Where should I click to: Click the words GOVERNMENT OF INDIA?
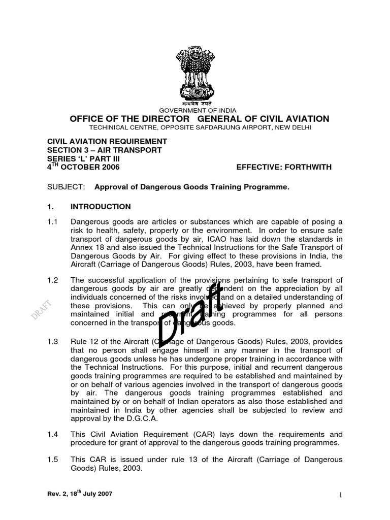click(x=198, y=110)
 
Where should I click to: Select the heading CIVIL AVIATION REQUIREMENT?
click(x=107, y=141)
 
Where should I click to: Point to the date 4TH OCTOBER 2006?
click(x=84, y=167)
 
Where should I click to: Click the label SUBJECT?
click(x=66, y=187)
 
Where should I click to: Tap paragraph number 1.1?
click(x=53, y=222)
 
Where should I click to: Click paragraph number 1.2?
click(x=53, y=280)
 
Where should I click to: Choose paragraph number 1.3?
click(x=53, y=341)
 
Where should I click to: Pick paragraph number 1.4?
click(x=53, y=434)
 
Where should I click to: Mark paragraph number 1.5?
click(x=53, y=460)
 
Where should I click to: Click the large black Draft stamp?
click(x=190, y=314)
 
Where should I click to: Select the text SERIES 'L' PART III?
click(x=89, y=158)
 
